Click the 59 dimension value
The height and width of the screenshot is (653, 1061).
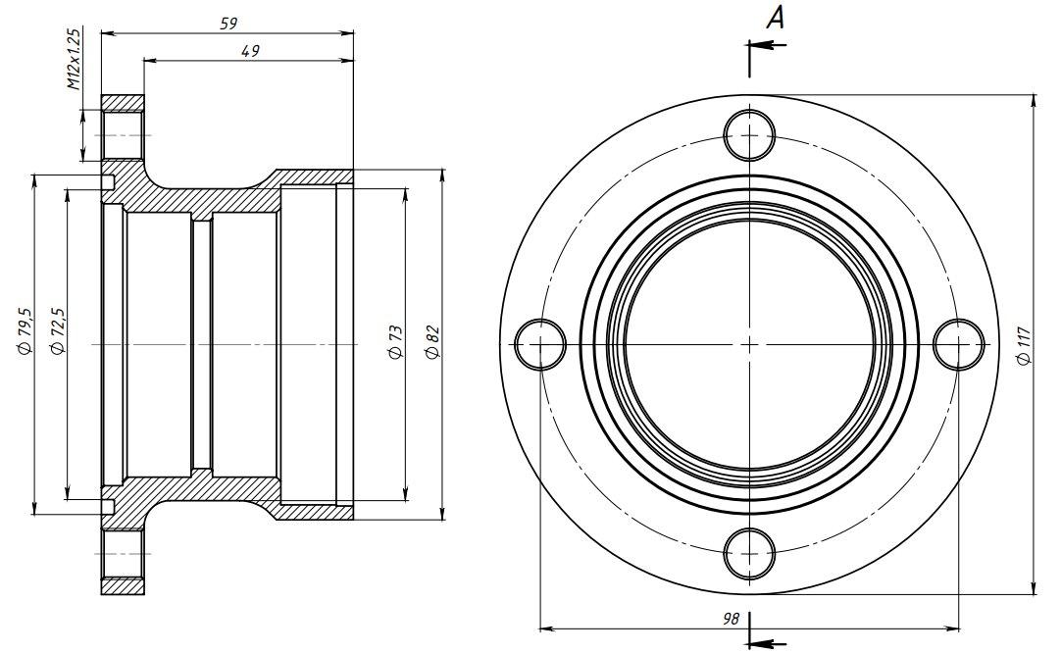tap(228, 23)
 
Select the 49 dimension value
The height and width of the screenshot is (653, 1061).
tap(250, 51)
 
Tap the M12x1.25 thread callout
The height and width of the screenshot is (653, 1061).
tap(74, 59)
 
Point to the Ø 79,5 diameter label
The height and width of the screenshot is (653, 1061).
tap(25, 330)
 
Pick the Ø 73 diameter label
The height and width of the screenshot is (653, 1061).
tap(396, 342)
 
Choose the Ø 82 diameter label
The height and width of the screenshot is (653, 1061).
tap(433, 342)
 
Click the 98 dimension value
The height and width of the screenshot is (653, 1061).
tap(731, 619)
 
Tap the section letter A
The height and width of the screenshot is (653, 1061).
tap(776, 19)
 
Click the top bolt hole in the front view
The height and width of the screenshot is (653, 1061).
tap(750, 135)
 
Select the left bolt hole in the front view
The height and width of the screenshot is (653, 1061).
tap(540, 344)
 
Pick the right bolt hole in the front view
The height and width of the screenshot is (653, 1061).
tap(959, 344)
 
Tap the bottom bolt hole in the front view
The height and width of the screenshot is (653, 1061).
tap(750, 554)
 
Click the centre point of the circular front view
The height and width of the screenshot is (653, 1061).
tap(750, 344)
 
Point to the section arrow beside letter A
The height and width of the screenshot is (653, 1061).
tap(768, 45)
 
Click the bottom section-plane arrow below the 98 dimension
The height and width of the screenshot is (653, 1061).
tap(768, 643)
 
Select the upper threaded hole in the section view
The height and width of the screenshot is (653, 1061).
tap(123, 135)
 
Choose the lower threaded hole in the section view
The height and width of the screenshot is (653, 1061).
tap(123, 554)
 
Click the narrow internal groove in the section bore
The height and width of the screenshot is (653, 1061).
tap(202, 344)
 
